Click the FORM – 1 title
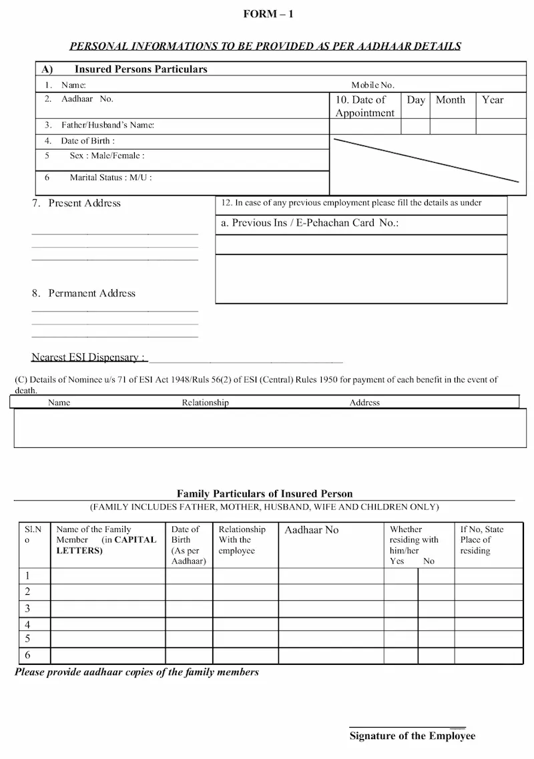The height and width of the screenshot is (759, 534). [268, 14]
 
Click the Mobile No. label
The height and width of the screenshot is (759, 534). [373, 85]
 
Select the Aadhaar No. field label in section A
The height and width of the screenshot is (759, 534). [87, 99]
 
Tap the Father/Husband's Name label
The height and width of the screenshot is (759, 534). [107, 125]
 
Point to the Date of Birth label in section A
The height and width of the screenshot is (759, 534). [87, 141]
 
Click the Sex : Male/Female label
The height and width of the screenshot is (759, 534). [107, 156]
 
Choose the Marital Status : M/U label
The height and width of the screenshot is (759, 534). [111, 178]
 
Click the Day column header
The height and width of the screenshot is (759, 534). [416, 100]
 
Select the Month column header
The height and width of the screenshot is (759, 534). [451, 100]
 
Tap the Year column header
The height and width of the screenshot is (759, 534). [493, 100]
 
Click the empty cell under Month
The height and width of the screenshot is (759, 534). [452, 126]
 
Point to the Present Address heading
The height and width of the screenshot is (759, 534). [84, 203]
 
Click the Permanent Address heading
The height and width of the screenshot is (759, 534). [91, 293]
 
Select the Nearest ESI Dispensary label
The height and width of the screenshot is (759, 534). [89, 357]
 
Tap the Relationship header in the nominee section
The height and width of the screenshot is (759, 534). [205, 403]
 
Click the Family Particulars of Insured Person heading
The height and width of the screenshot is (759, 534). [264, 494]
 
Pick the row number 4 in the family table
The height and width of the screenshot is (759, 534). [28, 624]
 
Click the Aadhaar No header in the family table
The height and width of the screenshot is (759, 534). [312, 530]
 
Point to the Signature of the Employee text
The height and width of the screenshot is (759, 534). [413, 736]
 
